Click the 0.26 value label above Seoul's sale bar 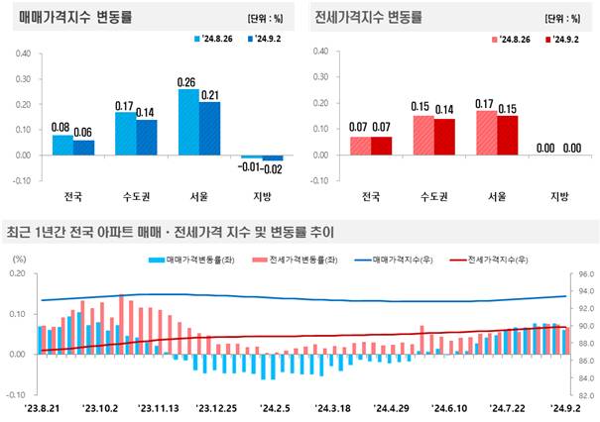tap(186, 81)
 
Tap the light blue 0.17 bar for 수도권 tap(125, 133)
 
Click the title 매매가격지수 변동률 tap(75, 18)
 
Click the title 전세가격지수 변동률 tap(367, 18)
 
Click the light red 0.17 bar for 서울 tap(485, 132)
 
